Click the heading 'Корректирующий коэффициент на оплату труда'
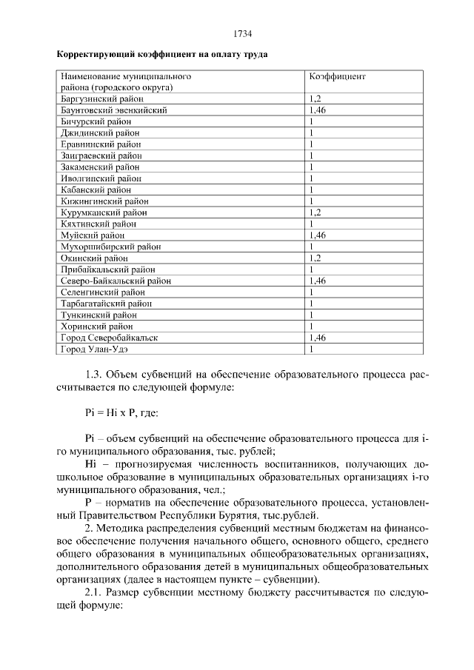click(x=162, y=55)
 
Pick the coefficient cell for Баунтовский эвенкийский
click(x=317, y=110)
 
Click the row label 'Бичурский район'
click(x=96, y=121)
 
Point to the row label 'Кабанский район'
click(x=97, y=190)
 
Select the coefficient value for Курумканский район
click(x=315, y=212)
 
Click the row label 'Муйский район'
click(x=93, y=235)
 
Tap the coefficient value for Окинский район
click(x=315, y=258)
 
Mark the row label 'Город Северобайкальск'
click(x=109, y=338)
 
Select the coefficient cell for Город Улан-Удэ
click(x=312, y=349)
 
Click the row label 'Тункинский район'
click(x=98, y=315)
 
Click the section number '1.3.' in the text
click(x=96, y=375)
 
